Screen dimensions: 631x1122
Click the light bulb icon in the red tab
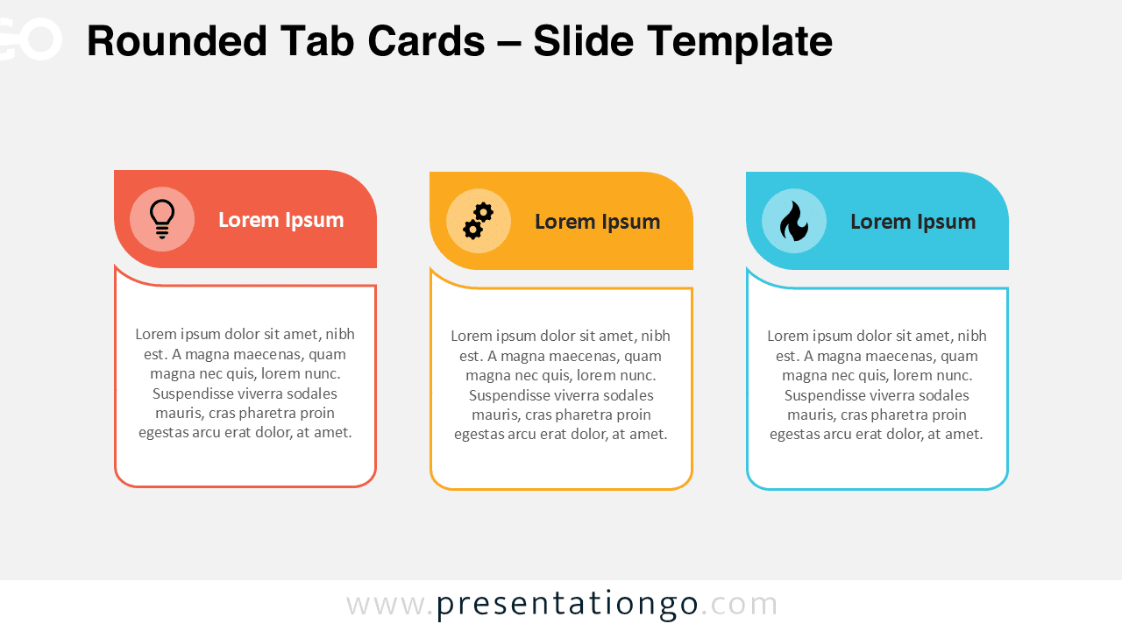(162, 219)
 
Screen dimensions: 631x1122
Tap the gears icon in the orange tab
(478, 221)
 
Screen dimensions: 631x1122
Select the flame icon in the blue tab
(793, 221)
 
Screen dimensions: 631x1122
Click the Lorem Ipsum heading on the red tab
(280, 220)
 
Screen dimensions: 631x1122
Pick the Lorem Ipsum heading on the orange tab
(597, 222)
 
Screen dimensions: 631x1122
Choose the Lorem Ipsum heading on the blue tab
(913, 222)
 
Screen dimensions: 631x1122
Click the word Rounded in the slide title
(177, 41)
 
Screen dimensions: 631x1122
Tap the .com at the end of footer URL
(741, 605)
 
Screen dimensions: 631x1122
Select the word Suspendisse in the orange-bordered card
(510, 395)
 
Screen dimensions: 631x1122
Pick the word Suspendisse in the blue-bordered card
(826, 395)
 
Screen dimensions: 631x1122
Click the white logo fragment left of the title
(31, 39)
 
